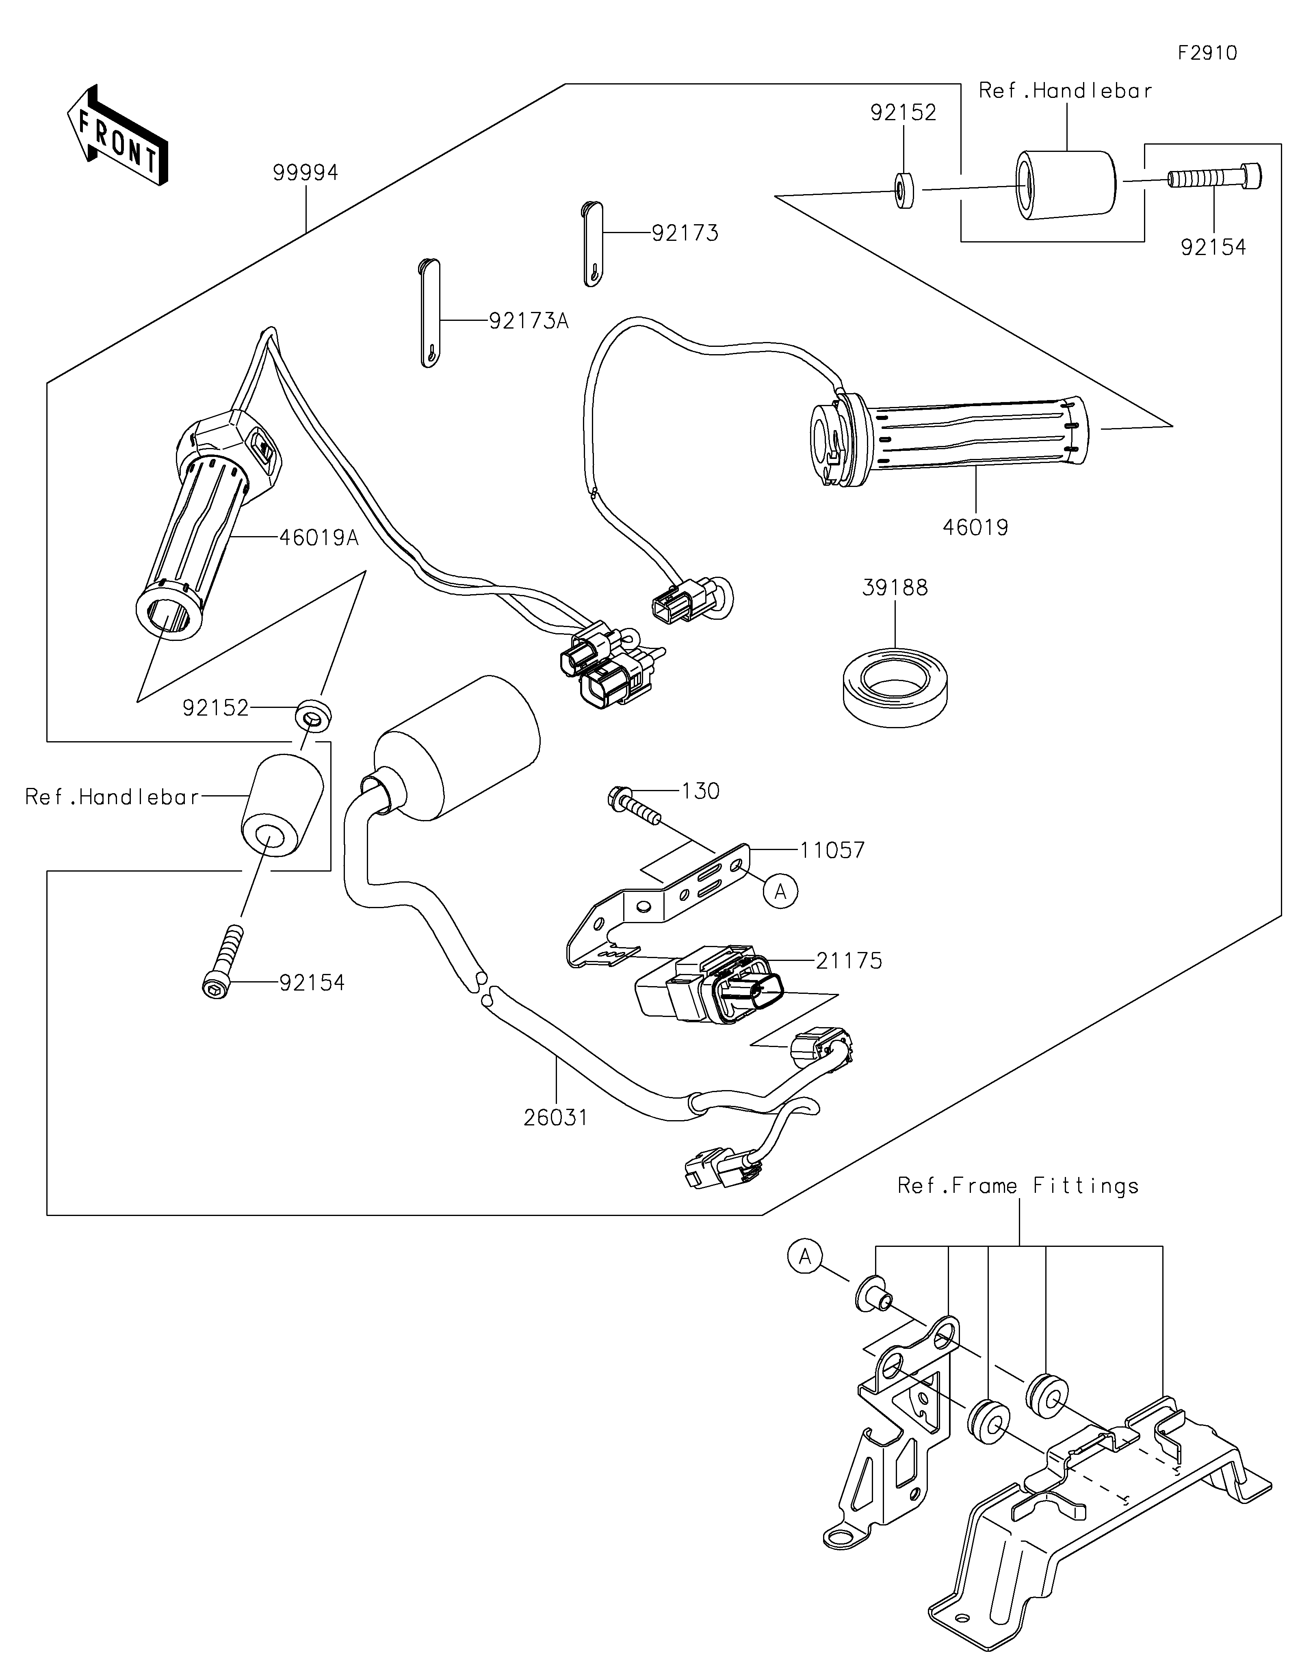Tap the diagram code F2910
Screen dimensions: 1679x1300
click(1207, 53)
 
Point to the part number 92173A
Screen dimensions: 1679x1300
click(529, 320)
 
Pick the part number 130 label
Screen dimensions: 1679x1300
click(700, 791)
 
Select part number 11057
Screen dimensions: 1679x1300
click(832, 850)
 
